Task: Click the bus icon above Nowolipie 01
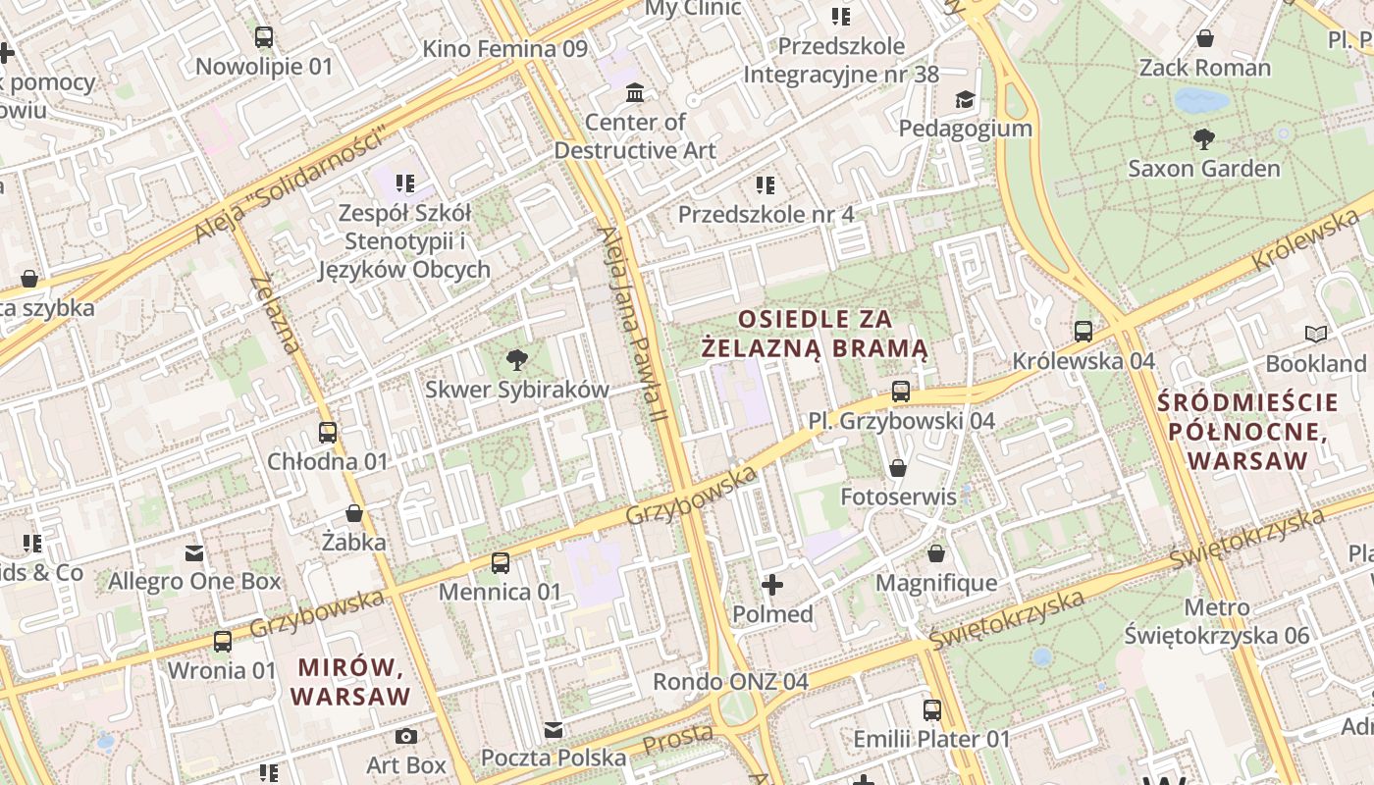tap(263, 38)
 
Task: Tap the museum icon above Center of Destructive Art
tap(635, 93)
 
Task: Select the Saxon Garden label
tap(1203, 168)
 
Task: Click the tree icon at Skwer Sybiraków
tap(516, 360)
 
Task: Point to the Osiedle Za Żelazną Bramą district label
tap(815, 334)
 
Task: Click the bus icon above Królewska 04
tap(1083, 332)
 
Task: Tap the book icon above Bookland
tap(1315, 335)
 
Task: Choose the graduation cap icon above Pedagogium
tap(966, 99)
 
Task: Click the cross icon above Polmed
tap(772, 586)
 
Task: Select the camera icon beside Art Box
tap(406, 736)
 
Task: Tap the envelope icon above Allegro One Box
tap(194, 553)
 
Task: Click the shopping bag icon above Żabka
tap(354, 513)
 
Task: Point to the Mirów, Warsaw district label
tap(350, 682)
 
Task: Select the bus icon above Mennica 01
tap(500, 563)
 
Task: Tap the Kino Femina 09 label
tap(504, 48)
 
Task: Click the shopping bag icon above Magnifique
tap(936, 554)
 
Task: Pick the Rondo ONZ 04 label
tap(730, 681)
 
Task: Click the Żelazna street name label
tap(275, 313)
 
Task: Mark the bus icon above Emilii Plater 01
tap(931, 709)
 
